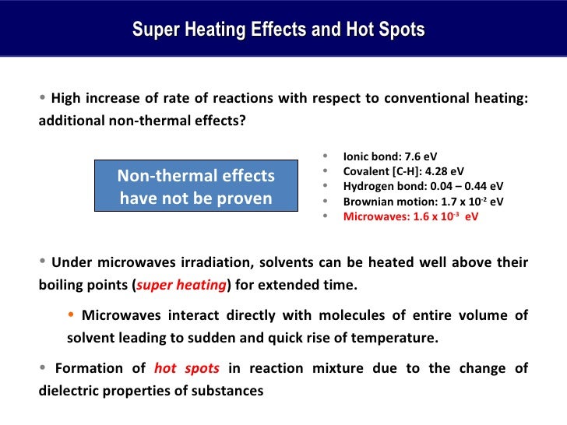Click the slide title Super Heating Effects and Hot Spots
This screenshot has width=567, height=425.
tap(278, 30)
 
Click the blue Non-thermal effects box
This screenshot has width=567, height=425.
tap(195, 187)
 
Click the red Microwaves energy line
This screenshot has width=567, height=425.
tap(410, 217)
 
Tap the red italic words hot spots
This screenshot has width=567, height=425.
tap(187, 367)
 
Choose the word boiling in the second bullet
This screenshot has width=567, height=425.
tap(62, 285)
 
